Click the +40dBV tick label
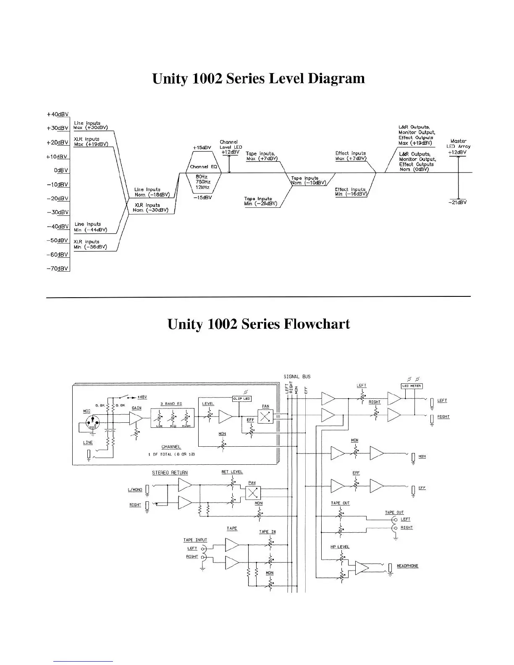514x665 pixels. (x=58, y=114)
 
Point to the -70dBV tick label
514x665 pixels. (x=58, y=269)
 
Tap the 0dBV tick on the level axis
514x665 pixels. (x=61, y=170)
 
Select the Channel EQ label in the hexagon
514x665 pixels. (x=203, y=167)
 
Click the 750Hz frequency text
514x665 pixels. (x=203, y=182)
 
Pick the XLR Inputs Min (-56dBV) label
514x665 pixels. (x=90, y=244)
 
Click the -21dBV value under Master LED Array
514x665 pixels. (x=458, y=202)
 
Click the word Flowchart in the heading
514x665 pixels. (x=317, y=324)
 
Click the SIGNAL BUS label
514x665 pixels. (x=297, y=377)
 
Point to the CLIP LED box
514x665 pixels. (x=241, y=399)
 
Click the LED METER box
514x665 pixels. (x=412, y=386)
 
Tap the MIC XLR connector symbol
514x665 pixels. (x=92, y=422)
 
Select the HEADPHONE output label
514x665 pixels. (x=407, y=566)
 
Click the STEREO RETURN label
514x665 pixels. (x=170, y=473)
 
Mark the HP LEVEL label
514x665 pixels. (x=340, y=547)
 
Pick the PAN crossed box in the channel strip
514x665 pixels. (x=265, y=416)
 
